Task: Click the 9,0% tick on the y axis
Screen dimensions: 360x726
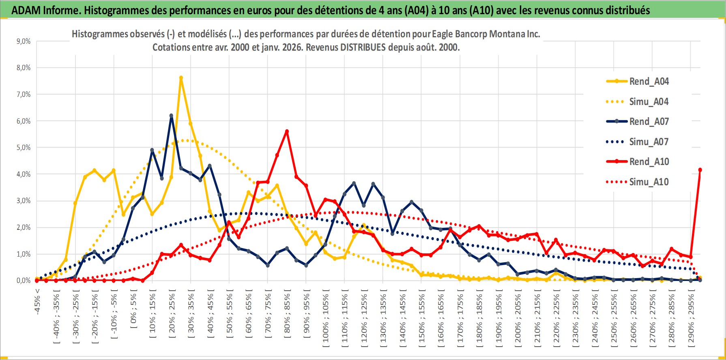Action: click(24, 41)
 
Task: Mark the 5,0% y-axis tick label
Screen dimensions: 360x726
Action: click(24, 148)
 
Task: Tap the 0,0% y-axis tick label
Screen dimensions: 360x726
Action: click(24, 281)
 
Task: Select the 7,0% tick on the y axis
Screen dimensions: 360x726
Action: click(24, 94)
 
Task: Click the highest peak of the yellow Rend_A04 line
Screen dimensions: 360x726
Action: click(181, 78)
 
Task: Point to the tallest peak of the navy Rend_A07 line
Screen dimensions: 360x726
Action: click(171, 116)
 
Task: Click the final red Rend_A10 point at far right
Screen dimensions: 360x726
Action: click(700, 170)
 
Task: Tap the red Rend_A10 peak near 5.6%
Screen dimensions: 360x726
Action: click(287, 131)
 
